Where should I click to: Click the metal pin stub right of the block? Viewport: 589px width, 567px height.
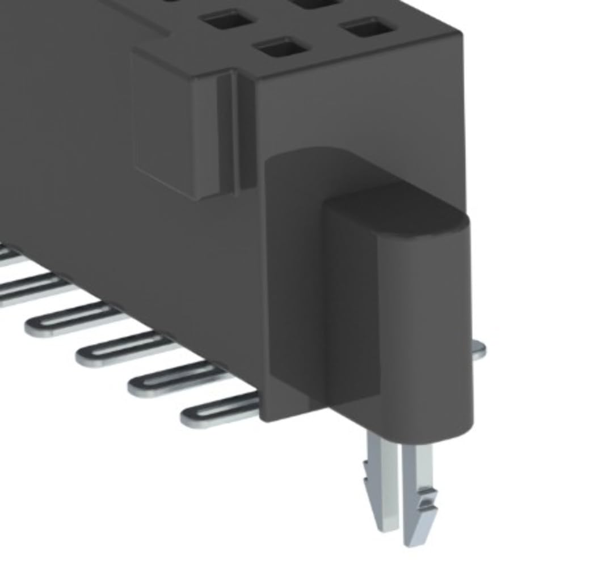point(478,350)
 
